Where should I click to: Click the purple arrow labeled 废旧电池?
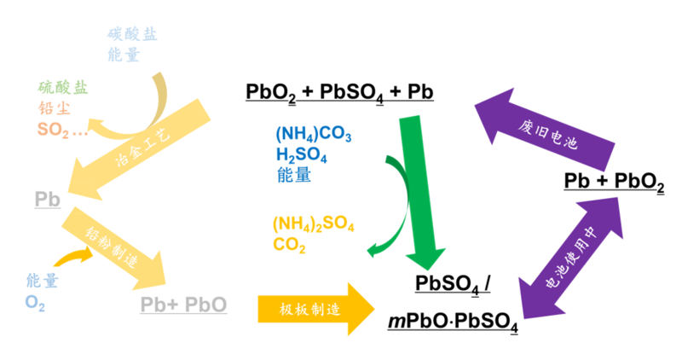pyautogui.click(x=545, y=130)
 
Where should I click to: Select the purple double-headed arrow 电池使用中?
pyautogui.click(x=570, y=258)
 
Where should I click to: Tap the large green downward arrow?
pyautogui.click(x=420, y=192)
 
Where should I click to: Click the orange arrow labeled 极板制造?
pyautogui.click(x=316, y=309)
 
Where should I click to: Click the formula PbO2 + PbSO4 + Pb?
pyautogui.click(x=339, y=93)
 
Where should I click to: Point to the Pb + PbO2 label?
pyautogui.click(x=614, y=182)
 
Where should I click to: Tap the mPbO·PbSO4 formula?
pyautogui.click(x=453, y=322)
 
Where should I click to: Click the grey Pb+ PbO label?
pyautogui.click(x=183, y=305)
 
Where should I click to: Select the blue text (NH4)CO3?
pyautogui.click(x=314, y=135)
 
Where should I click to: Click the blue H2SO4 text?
pyautogui.click(x=302, y=155)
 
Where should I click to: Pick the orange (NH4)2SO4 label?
pyautogui.click(x=314, y=224)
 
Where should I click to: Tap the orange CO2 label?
pyautogui.click(x=289, y=245)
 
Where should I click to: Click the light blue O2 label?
pyautogui.click(x=35, y=303)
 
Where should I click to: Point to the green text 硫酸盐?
pyautogui.click(x=63, y=88)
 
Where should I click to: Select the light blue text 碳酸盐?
pyautogui.click(x=132, y=34)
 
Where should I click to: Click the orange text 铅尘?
pyautogui.click(x=55, y=108)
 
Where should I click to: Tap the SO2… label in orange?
pyautogui.click(x=62, y=130)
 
